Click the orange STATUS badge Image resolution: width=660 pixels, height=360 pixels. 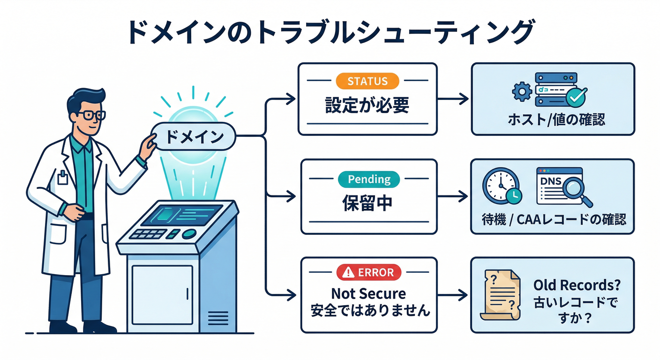[x=367, y=81]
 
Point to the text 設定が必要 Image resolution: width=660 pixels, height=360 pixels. [x=367, y=105]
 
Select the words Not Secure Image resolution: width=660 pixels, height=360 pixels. [x=368, y=294]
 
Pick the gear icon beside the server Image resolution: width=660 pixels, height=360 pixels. [x=520, y=91]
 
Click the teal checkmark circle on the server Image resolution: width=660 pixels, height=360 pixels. [x=576, y=98]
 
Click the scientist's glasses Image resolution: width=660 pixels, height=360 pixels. [x=91, y=115]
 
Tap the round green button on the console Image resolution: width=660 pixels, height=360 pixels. [x=189, y=234]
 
